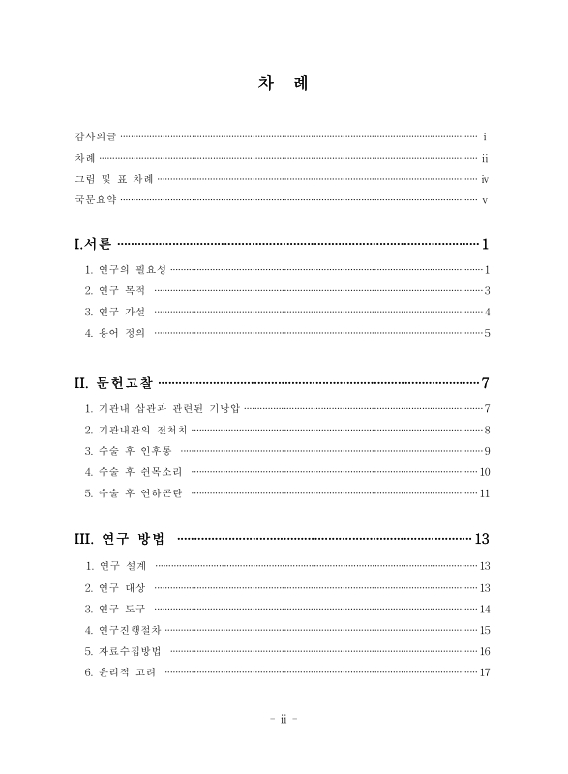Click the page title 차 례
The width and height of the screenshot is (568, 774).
(284, 83)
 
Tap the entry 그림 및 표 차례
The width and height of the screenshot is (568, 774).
(113, 179)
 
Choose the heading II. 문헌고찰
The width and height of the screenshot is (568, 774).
(114, 383)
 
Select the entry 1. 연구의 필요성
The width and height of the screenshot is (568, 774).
(126, 269)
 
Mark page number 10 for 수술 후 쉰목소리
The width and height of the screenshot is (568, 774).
(486, 472)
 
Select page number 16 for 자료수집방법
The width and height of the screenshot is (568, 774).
(486, 651)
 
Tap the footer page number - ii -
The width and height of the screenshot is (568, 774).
(284, 720)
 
